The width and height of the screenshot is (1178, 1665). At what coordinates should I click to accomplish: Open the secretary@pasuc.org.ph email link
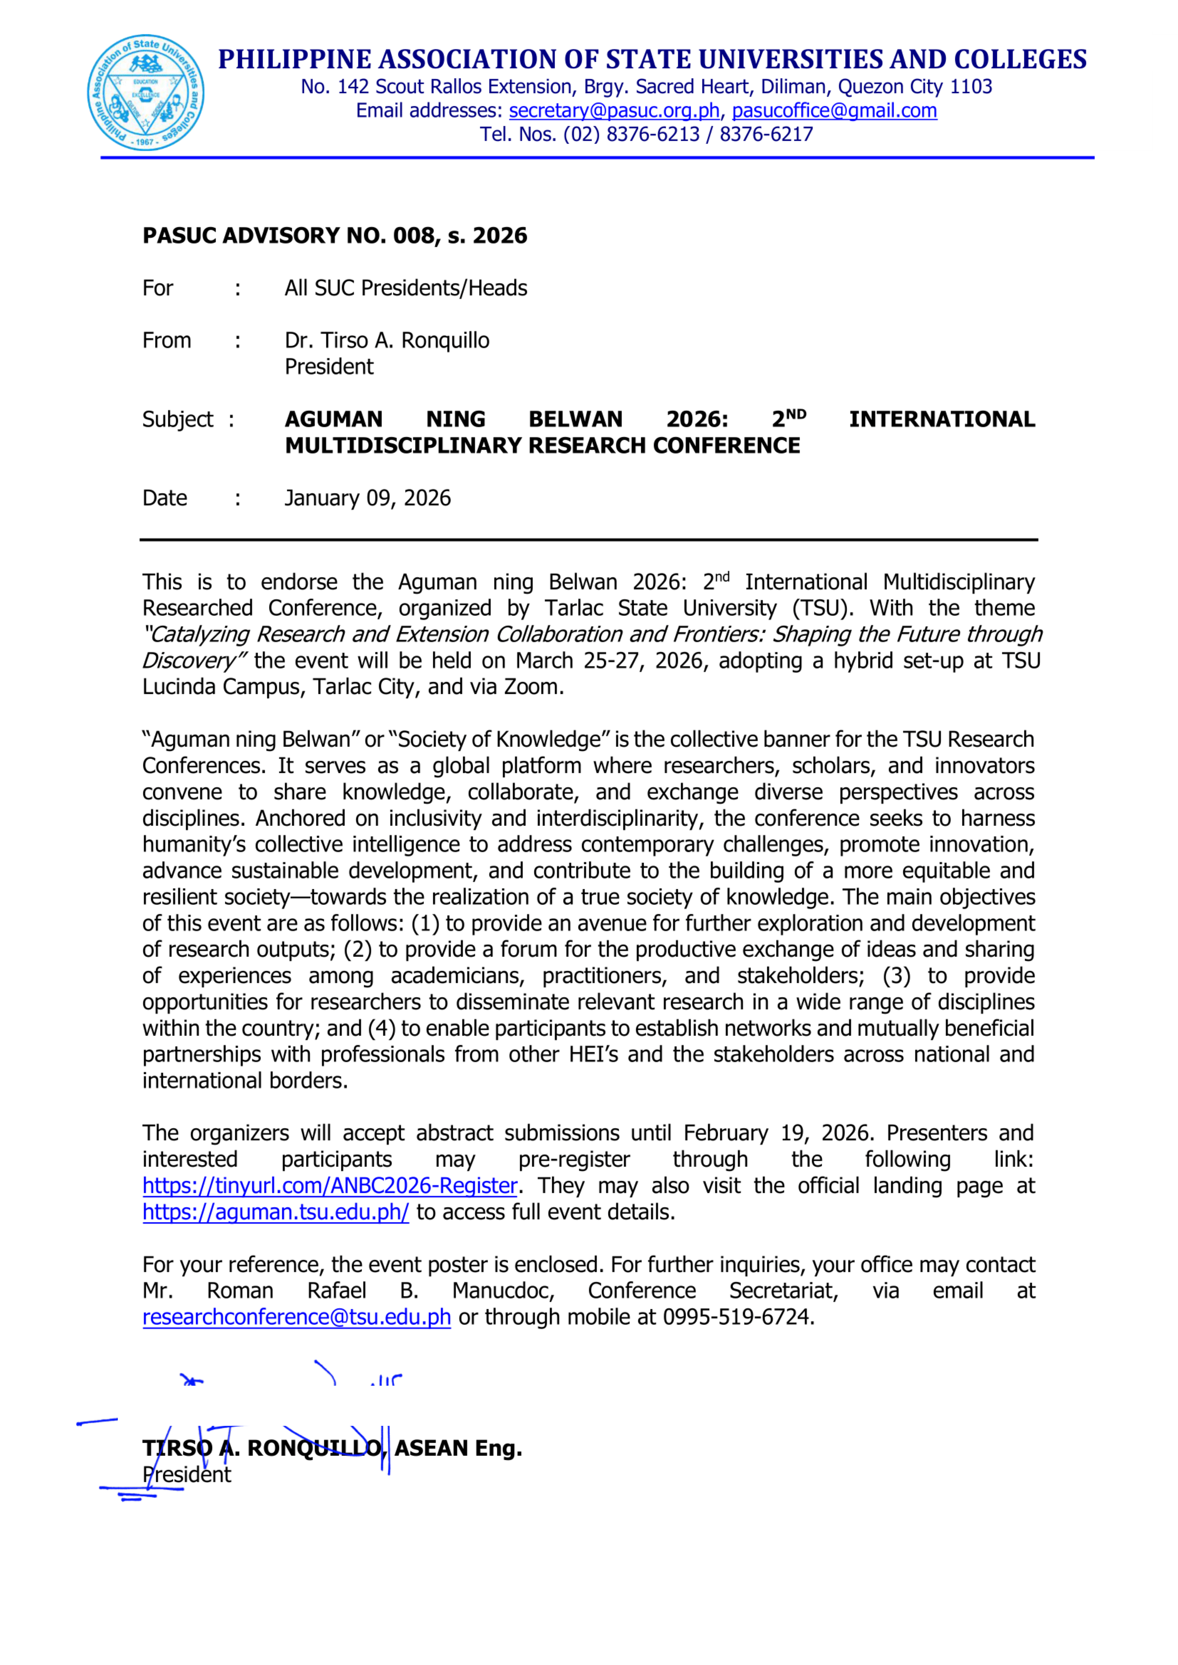(x=614, y=111)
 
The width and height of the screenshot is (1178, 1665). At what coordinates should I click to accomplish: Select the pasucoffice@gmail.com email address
(x=834, y=111)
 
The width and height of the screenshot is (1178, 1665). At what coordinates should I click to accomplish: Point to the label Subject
(x=178, y=420)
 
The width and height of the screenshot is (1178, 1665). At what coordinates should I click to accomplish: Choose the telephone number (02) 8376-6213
(x=631, y=135)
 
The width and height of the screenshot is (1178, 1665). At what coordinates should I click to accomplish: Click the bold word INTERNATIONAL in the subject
(x=942, y=420)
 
